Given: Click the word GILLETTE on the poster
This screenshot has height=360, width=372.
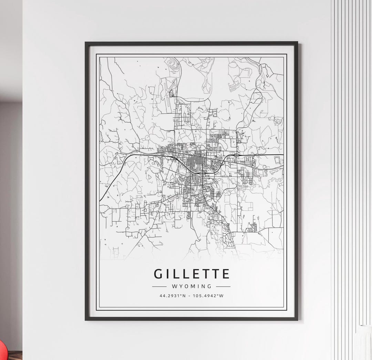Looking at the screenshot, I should [192, 274].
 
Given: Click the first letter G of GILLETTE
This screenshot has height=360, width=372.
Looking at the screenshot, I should [158, 274].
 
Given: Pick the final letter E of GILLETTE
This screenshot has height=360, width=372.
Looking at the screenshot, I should [226, 274].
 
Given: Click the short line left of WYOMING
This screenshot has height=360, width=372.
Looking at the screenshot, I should [159, 286].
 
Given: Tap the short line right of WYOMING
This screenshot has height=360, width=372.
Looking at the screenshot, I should [223, 286].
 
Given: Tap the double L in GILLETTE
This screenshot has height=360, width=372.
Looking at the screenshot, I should [180, 274].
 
